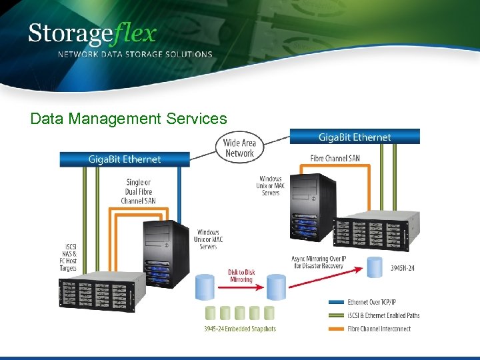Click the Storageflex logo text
92,33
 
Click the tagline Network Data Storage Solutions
135,55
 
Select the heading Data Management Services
129,119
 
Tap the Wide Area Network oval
239,148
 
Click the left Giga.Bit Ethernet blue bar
125,159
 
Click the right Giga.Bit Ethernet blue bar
354,137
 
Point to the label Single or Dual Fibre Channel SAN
138,191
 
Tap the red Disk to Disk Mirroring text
241,275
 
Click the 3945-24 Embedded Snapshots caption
239,329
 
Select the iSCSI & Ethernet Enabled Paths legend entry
384,315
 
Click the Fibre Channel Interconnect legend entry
380,328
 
